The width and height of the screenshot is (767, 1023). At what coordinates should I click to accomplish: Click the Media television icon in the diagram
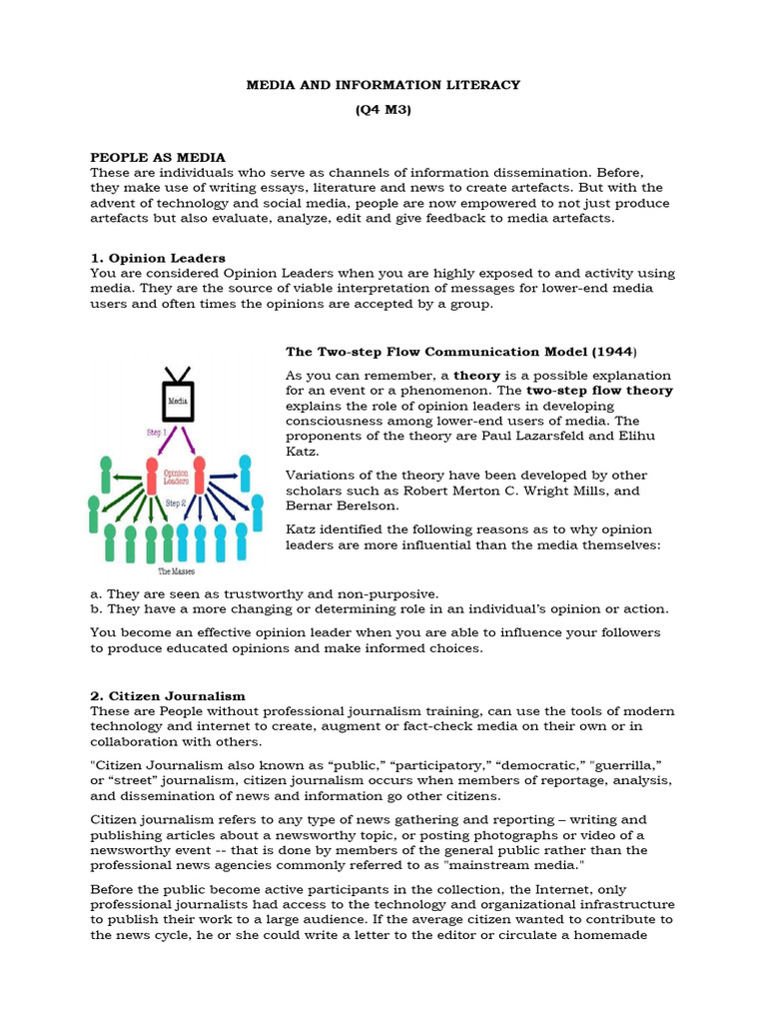coord(178,401)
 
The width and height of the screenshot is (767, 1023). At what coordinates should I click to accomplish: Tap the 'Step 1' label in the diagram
coord(156,434)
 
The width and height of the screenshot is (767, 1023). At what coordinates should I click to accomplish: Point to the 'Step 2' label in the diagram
coord(176,503)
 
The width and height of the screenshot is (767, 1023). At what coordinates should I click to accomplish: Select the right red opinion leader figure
coord(200,475)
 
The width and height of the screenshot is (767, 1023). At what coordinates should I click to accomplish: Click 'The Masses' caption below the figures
coord(177,571)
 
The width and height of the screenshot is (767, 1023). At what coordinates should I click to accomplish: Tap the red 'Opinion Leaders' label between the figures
coord(176,474)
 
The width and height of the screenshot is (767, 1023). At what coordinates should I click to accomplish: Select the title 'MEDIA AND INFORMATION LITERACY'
coord(383,85)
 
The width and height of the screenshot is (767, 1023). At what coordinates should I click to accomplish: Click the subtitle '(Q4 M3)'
coord(383,110)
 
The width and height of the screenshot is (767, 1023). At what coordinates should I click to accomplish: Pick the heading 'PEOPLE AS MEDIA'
coord(158,158)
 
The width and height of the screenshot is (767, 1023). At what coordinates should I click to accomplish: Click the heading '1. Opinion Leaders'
coord(158,258)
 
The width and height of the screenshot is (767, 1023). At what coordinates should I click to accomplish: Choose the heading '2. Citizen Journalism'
coord(168,695)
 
